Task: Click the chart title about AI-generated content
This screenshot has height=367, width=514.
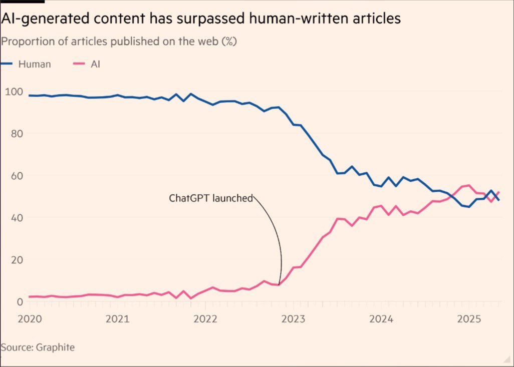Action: pyautogui.click(x=201, y=19)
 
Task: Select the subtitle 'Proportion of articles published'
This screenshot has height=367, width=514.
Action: pyautogui.click(x=119, y=42)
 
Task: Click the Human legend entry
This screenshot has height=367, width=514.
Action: pyautogui.click(x=26, y=64)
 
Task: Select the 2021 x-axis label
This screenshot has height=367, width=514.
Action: pyautogui.click(x=117, y=319)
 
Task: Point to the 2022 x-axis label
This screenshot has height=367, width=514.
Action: pyautogui.click(x=205, y=319)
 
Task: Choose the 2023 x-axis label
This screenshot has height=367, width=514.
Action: pyautogui.click(x=293, y=319)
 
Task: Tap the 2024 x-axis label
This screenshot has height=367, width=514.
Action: pyautogui.click(x=381, y=319)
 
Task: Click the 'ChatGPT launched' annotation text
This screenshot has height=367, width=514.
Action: pyautogui.click(x=210, y=198)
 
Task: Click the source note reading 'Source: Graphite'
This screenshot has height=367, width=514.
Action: pyautogui.click(x=38, y=347)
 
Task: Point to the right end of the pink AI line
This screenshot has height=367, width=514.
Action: pyautogui.click(x=498, y=192)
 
